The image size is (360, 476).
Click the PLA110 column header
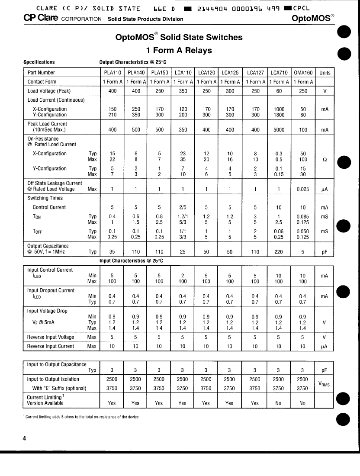(112, 73)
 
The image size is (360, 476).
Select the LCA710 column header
(279, 73)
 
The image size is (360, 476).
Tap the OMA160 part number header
(303, 73)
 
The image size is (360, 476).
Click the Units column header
(325, 73)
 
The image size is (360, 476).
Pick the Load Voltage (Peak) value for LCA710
(279, 91)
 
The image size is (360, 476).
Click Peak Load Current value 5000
(279, 130)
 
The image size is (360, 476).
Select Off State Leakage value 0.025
(303, 189)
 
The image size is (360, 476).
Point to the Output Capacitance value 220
(279, 251)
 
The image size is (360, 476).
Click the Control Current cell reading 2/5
(183, 207)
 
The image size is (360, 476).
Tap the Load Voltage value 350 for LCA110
(183, 91)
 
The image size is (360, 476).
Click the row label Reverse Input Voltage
(51, 337)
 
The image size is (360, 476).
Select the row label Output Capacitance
(48, 246)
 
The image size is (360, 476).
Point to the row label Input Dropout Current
(51, 290)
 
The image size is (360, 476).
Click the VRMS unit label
(325, 384)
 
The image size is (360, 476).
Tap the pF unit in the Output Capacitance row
(325, 251)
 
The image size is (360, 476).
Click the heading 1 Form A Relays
(179, 50)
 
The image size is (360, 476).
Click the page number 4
(24, 438)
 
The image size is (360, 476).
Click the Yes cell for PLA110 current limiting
(112, 403)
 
